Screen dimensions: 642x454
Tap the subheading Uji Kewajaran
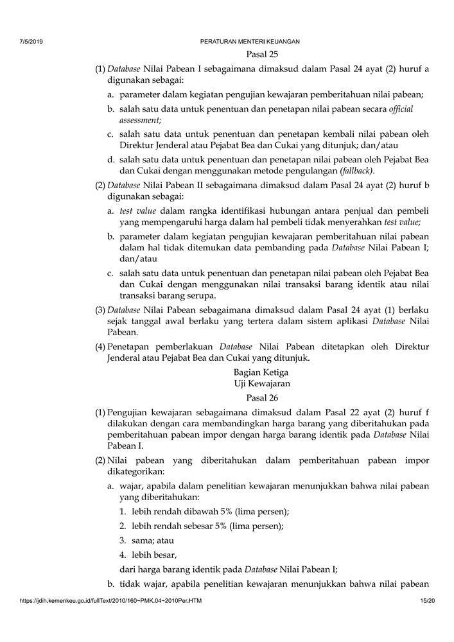(262, 384)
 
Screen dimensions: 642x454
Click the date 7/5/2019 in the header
(31, 42)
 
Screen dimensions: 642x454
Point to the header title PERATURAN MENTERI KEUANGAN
(250, 42)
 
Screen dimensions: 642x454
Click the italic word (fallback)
(355, 171)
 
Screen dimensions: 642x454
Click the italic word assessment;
(140, 120)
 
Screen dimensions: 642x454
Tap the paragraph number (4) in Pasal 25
(100, 347)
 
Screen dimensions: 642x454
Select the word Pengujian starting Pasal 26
(130, 412)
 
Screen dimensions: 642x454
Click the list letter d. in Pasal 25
(112, 160)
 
